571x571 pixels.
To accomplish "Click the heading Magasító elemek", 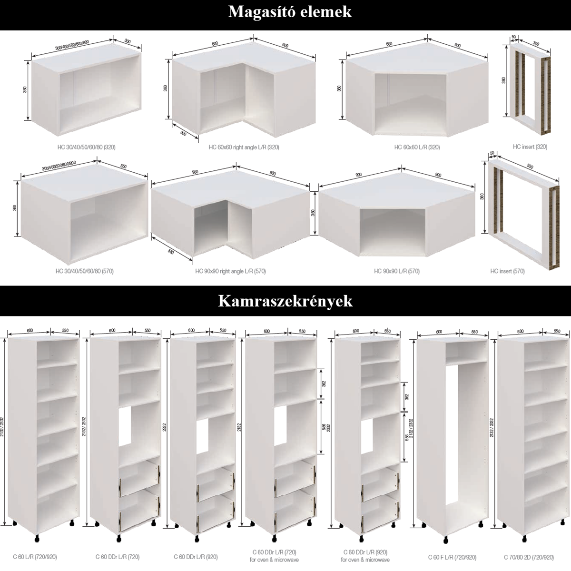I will [x=290, y=11].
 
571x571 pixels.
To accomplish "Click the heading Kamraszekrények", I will [x=285, y=301].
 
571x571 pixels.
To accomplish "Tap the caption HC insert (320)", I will [x=530, y=147].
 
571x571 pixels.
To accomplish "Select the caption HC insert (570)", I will [x=507, y=271].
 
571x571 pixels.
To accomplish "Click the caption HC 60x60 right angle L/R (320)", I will [x=244, y=148].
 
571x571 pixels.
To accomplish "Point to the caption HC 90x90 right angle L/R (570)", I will [x=230, y=272].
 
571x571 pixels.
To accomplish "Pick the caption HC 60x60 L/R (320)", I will [x=417, y=148].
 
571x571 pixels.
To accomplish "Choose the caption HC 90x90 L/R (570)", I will [x=397, y=272].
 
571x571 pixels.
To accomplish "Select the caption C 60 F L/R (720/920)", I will [x=452, y=557].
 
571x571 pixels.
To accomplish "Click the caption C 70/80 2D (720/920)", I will [x=528, y=557].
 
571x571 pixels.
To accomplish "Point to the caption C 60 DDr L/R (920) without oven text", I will [x=196, y=557].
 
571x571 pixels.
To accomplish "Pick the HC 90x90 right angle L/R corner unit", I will [x=231, y=214].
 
